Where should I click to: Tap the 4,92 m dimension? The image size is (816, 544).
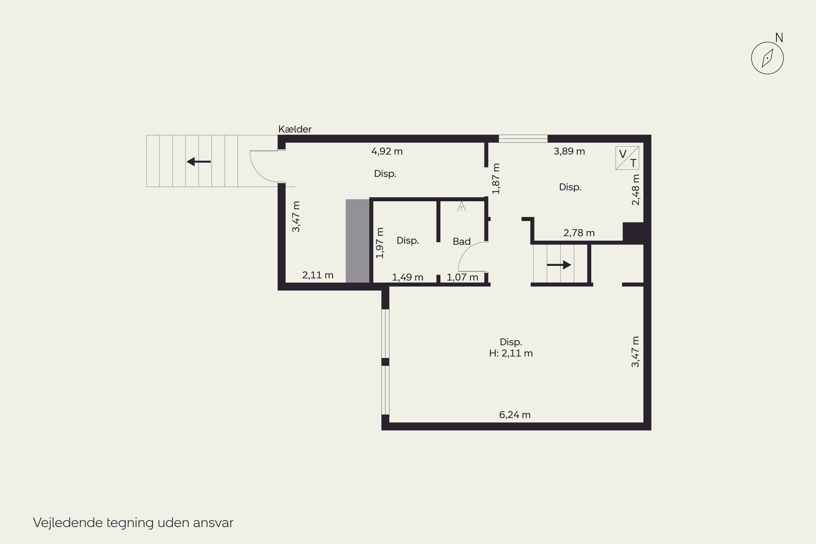387,151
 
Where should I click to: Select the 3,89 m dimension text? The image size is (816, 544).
569,151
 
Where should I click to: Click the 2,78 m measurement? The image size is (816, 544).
579,233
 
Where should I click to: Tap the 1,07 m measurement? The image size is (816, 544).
462,277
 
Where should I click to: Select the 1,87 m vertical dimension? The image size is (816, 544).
496,179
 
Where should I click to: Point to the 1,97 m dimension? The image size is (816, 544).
380,243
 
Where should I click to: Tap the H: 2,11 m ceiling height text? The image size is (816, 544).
511,353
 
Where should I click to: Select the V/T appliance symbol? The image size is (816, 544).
627,158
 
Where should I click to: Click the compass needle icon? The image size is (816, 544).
767,58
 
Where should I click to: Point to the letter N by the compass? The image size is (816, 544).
779,38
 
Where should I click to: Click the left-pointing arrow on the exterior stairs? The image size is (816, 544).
199,162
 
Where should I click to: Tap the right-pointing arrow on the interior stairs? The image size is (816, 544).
559,265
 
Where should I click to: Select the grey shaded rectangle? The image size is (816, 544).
357,241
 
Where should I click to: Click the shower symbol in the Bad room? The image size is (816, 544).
461,206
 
